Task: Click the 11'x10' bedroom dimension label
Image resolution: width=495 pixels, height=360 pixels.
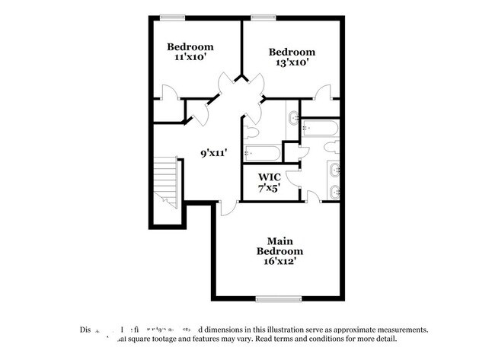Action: pyautogui.click(x=190, y=57)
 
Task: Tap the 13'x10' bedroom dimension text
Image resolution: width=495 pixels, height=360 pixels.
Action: pyautogui.click(x=291, y=64)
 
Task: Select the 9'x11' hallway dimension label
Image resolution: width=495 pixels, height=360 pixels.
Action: pyautogui.click(x=215, y=153)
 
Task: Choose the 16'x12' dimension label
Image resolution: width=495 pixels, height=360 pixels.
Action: pyautogui.click(x=279, y=261)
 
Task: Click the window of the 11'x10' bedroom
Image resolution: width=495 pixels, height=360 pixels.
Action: pyautogui.click(x=174, y=17)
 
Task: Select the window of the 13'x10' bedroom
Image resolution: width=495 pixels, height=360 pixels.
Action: pyautogui.click(x=263, y=17)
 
